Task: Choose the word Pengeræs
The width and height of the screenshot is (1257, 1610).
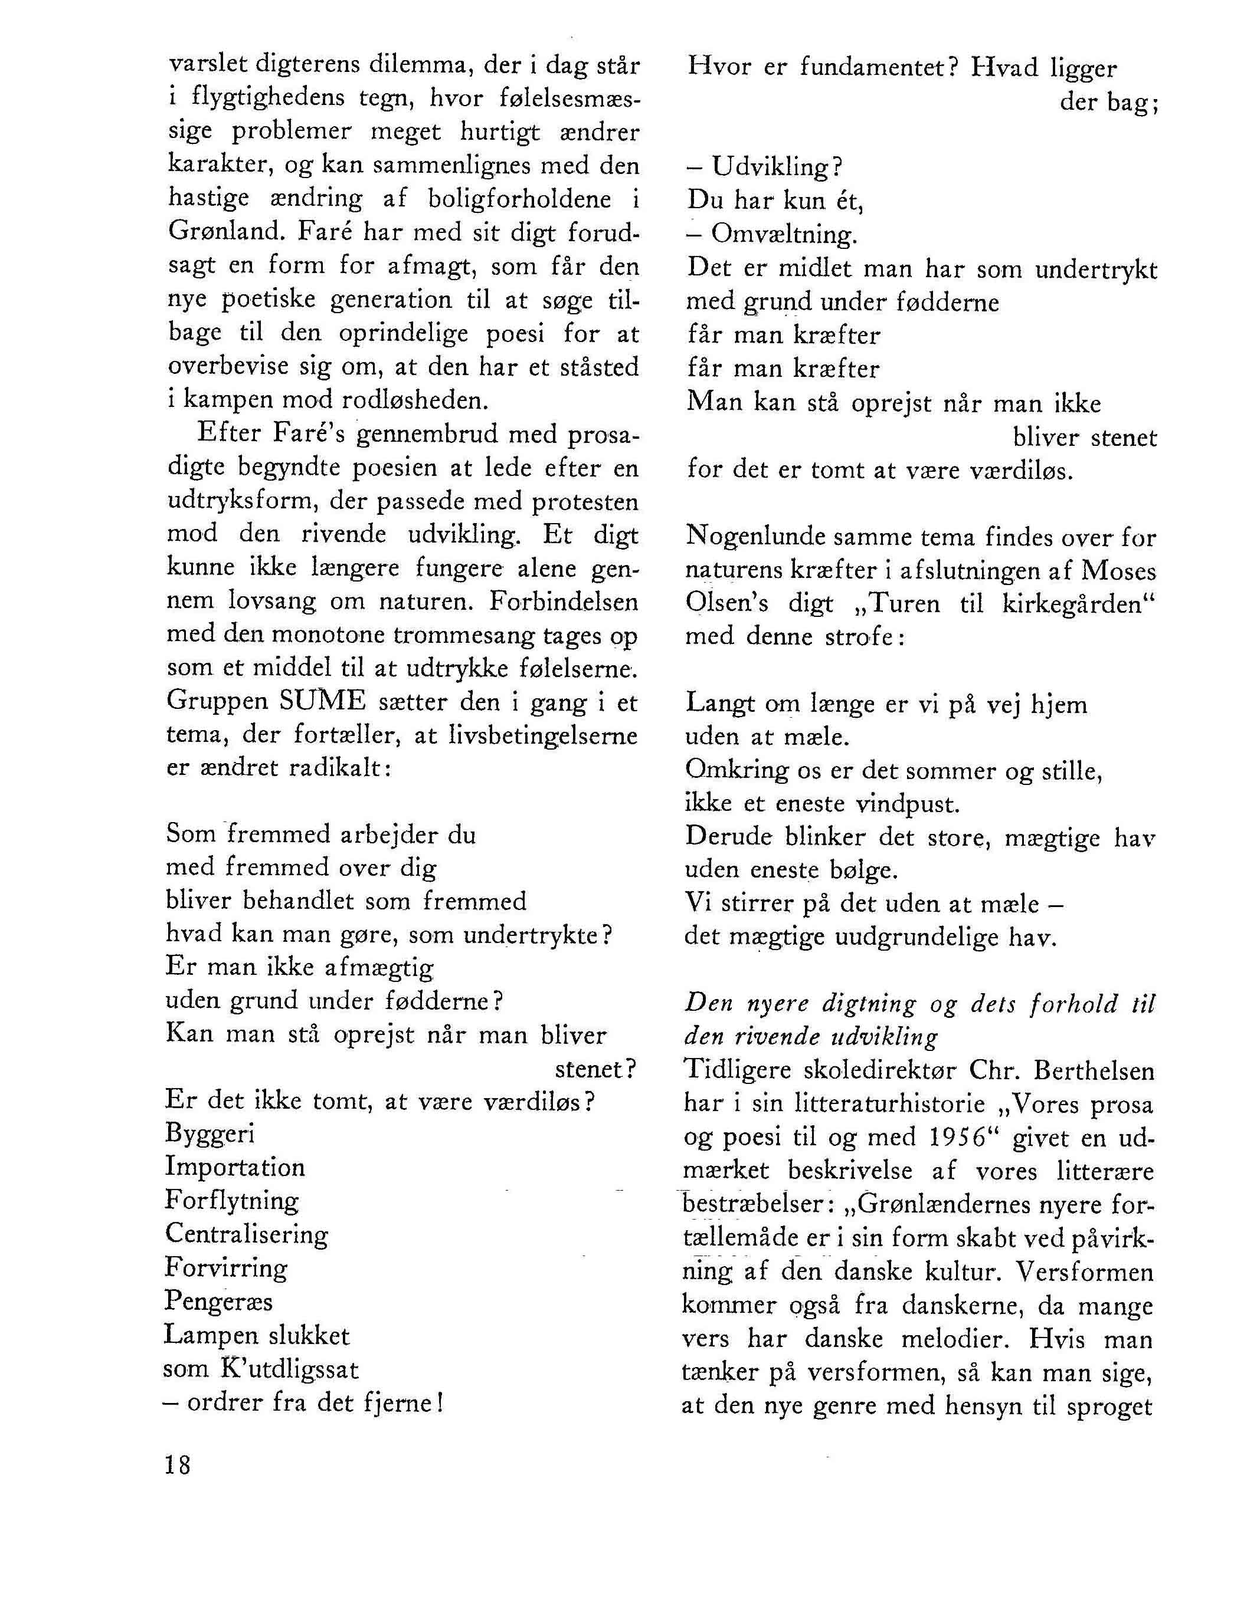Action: pyautogui.click(x=218, y=1301)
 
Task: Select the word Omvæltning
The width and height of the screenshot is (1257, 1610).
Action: pyautogui.click(x=784, y=235)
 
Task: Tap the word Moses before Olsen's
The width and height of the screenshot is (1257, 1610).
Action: pyautogui.click(x=1119, y=571)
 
